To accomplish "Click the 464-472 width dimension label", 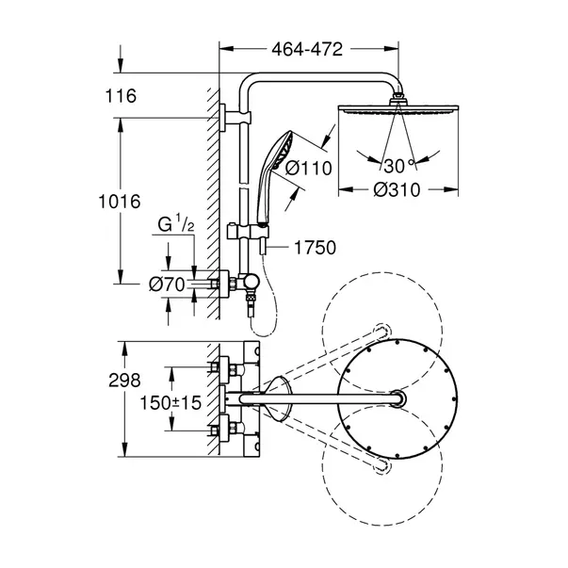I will [303, 47].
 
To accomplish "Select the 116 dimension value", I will [122, 95].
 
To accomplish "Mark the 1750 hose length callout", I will [315, 248].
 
